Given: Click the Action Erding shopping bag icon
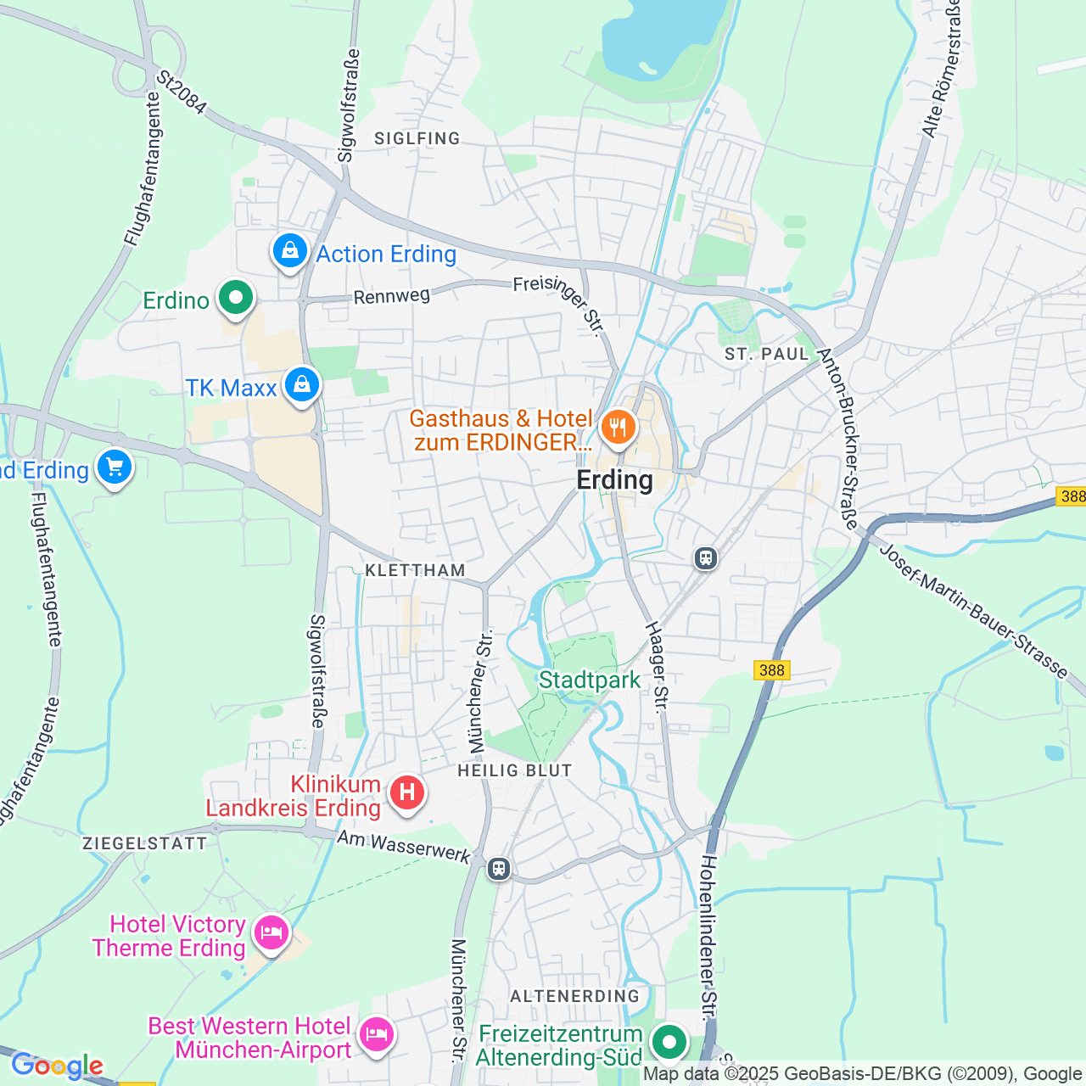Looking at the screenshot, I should pyautogui.click(x=290, y=251).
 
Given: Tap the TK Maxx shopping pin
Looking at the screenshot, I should pyautogui.click(x=301, y=385).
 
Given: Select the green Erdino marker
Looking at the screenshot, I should pyautogui.click(x=235, y=299).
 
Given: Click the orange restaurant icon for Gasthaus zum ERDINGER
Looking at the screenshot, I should pyautogui.click(x=618, y=427).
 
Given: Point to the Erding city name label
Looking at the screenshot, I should pyautogui.click(x=614, y=480).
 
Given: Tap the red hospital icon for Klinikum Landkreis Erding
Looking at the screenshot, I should pyautogui.click(x=406, y=793).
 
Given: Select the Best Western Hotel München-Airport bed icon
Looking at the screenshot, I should pyautogui.click(x=376, y=1035).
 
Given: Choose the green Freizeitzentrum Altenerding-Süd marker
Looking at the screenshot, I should pyautogui.click(x=669, y=1041).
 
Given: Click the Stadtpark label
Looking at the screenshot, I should pyautogui.click(x=590, y=680).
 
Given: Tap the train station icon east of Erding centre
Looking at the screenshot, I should pyautogui.click(x=705, y=557).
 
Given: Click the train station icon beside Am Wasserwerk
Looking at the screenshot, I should pyautogui.click(x=499, y=869).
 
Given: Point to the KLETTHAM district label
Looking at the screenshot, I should pyautogui.click(x=415, y=570).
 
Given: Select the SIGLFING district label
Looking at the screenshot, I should pyautogui.click(x=417, y=138).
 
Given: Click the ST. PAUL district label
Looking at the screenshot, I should pyautogui.click(x=767, y=355).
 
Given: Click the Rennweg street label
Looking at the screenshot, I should pyautogui.click(x=391, y=296).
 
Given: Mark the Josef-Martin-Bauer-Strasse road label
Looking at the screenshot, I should pyautogui.click(x=973, y=611).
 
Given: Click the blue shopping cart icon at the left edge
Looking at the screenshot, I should pyautogui.click(x=115, y=467).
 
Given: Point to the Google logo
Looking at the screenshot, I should pyautogui.click(x=57, y=1065).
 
